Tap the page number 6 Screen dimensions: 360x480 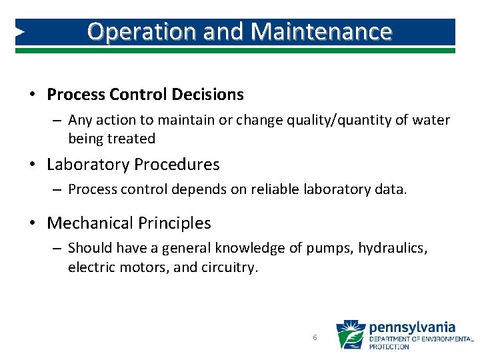pos(315,338)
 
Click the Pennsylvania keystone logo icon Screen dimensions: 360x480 pos(349,335)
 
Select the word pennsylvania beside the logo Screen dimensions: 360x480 pos(412,327)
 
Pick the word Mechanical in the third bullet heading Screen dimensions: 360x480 pos(95,223)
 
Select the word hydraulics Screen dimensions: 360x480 pos(393,248)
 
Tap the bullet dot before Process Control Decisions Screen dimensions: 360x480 pos(32,95)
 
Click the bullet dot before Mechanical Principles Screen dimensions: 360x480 pos(32,224)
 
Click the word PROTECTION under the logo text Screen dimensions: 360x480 pos(389,347)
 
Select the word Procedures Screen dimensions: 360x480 pos(177,164)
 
